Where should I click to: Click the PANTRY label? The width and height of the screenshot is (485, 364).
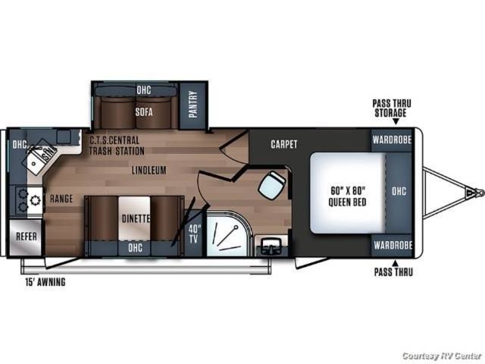[193, 105]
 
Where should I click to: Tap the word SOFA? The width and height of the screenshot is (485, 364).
[144, 111]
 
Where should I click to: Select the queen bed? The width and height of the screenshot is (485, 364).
[348, 193]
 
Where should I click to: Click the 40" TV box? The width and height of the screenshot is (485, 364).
[194, 234]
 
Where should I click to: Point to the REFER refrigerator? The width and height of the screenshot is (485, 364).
[26, 237]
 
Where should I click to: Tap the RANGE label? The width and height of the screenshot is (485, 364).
[61, 199]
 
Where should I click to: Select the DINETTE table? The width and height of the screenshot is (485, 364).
[135, 218]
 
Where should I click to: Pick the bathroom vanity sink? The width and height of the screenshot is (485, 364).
[271, 246]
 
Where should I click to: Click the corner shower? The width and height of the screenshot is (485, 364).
[227, 234]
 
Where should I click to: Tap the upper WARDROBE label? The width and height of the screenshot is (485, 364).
[392, 140]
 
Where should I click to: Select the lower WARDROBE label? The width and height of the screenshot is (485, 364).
[393, 246]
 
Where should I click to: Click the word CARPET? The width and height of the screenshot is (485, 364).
[284, 144]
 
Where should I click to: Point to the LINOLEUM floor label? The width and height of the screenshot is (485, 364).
[149, 170]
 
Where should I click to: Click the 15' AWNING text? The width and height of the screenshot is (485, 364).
[45, 282]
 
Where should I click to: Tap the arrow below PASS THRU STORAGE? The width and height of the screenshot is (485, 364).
[396, 121]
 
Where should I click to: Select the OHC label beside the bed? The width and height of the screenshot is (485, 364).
[399, 191]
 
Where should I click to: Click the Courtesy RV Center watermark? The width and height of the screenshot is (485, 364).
[442, 356]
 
